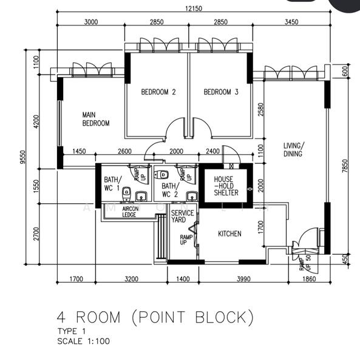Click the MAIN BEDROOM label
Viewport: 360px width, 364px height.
(95, 118)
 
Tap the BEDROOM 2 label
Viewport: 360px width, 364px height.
(158, 92)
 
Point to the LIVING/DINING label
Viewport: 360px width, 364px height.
(294, 149)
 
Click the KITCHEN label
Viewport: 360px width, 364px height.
(229, 234)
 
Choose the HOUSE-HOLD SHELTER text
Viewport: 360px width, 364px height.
(226, 186)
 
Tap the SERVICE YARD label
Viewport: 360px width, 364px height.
(182, 217)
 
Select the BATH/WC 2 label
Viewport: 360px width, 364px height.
(169, 190)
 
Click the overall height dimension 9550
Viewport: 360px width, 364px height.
(22, 158)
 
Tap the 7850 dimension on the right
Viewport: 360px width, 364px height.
(345, 166)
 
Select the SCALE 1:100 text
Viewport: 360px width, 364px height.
(84, 341)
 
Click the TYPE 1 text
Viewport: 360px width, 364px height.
(72, 331)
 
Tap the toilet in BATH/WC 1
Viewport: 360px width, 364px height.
(126, 193)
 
